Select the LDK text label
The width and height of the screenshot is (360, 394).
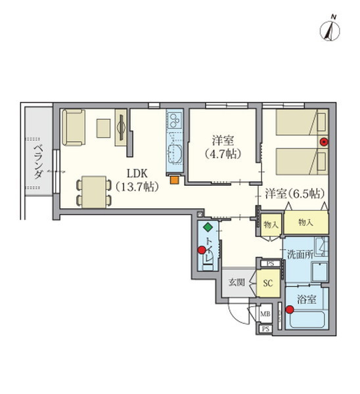coord(137,175)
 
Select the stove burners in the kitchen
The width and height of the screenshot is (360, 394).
coord(175,121)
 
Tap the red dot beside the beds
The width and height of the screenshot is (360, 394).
coord(323,142)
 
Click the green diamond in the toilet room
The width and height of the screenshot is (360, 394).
coord(208,227)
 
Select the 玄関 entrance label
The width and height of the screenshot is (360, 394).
coord(236,283)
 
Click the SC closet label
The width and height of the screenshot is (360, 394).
coord(267,284)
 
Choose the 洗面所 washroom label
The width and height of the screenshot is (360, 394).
coord(299,255)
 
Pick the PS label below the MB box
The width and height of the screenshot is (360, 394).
coord(265,329)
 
